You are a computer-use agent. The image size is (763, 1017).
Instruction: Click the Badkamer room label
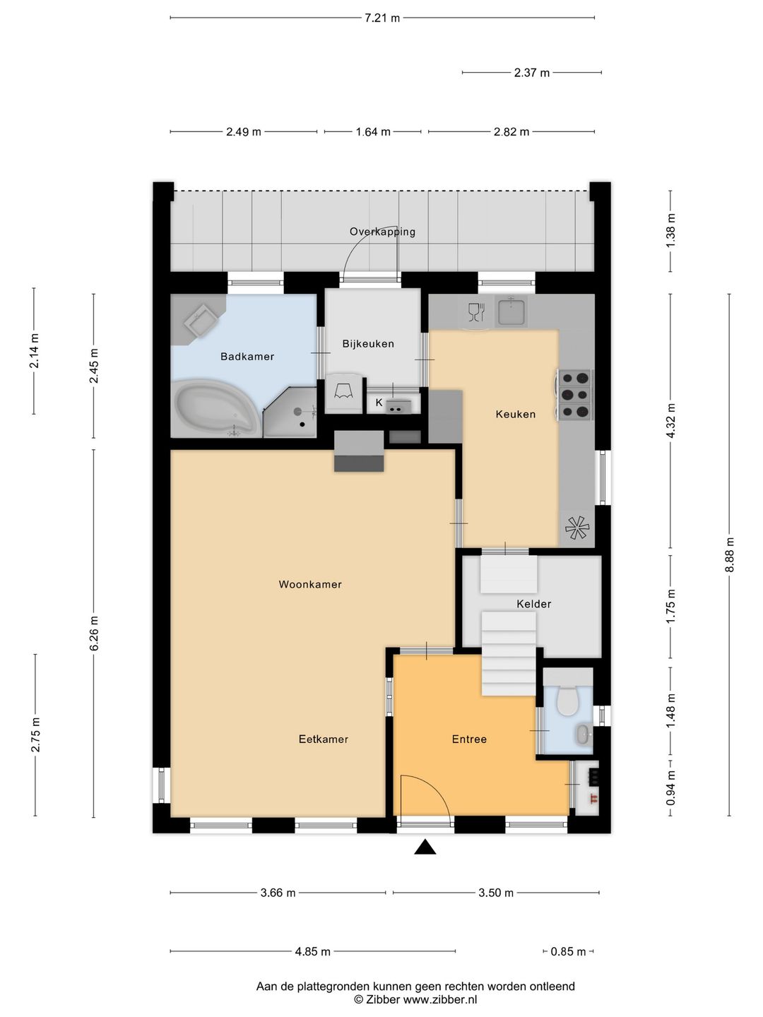click(x=247, y=356)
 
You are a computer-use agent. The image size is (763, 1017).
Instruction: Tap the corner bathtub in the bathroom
click(x=215, y=408)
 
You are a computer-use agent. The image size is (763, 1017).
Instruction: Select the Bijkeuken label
click(x=368, y=344)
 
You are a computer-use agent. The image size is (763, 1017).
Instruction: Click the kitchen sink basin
click(x=511, y=311)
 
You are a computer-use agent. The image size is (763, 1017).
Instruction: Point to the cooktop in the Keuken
click(x=575, y=394)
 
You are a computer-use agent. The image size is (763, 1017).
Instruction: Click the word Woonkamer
click(x=310, y=584)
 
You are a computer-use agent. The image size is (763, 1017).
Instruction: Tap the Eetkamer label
click(x=324, y=739)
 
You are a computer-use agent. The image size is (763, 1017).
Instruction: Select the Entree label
click(x=469, y=739)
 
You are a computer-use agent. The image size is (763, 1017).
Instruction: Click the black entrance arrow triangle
click(x=425, y=847)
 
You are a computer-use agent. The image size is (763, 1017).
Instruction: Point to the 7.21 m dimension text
click(x=382, y=18)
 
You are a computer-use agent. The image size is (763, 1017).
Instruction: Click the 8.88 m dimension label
click(x=730, y=554)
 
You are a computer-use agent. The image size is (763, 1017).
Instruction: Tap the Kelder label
click(x=533, y=604)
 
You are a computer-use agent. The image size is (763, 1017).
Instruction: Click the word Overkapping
click(x=382, y=232)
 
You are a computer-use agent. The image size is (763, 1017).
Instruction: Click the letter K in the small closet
click(x=379, y=403)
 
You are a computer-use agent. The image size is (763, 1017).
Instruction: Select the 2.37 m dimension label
click(x=532, y=73)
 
